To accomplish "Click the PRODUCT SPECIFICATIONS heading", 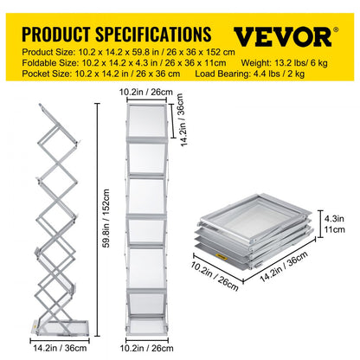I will pyautogui.click(x=114, y=35).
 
